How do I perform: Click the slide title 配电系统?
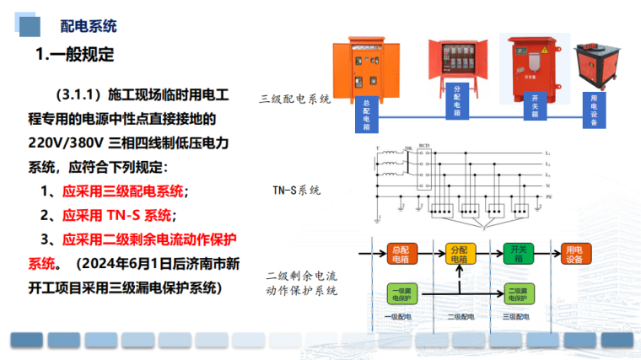pyautogui.click(x=89, y=25)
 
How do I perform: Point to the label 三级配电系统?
pyautogui.click(x=294, y=99)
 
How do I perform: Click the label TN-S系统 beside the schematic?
pyautogui.click(x=296, y=190)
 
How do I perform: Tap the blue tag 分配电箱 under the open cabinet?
pyautogui.click(x=456, y=99)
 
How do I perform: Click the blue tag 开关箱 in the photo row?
pyautogui.click(x=535, y=105)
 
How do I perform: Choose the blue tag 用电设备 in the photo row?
pyautogui.click(x=594, y=109)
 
